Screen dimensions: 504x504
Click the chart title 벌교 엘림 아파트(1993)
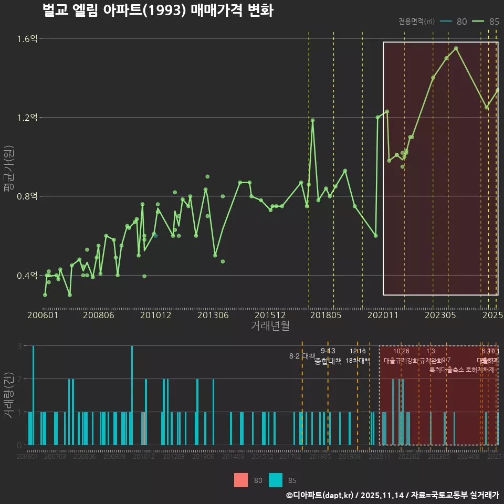[157, 10]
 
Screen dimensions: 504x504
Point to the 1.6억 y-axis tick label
[27, 38]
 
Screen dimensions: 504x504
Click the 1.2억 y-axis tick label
[27, 118]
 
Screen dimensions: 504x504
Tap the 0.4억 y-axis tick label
[27, 276]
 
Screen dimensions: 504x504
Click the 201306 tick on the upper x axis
[213, 315]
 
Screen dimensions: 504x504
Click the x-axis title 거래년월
[270, 326]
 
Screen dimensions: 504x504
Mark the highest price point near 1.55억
[456, 48]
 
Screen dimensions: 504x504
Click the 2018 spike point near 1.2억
[312, 120]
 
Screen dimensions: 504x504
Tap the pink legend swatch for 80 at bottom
[241, 480]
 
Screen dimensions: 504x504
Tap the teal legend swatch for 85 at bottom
[276, 480]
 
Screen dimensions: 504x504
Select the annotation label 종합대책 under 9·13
[328, 361]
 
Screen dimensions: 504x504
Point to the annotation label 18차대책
[358, 361]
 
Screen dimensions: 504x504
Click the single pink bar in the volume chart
[143, 428]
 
